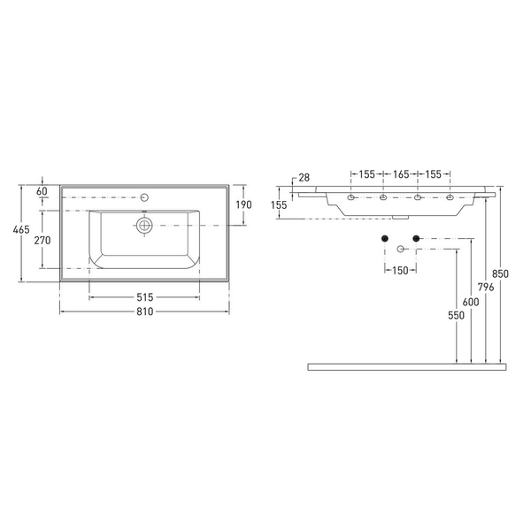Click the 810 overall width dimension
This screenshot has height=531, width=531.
pos(145,312)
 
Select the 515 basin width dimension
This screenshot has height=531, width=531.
pos(145,297)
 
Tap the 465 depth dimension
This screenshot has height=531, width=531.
pos(21,229)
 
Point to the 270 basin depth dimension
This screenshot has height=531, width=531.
pos(42,240)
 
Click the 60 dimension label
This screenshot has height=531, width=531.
pos(42,191)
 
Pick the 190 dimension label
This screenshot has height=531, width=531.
pos(244,204)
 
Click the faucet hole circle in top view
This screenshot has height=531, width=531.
pos(145,197)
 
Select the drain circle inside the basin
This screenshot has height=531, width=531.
pos(144,225)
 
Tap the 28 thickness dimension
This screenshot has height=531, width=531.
pos(304,178)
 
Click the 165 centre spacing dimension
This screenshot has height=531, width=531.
pos(400,174)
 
